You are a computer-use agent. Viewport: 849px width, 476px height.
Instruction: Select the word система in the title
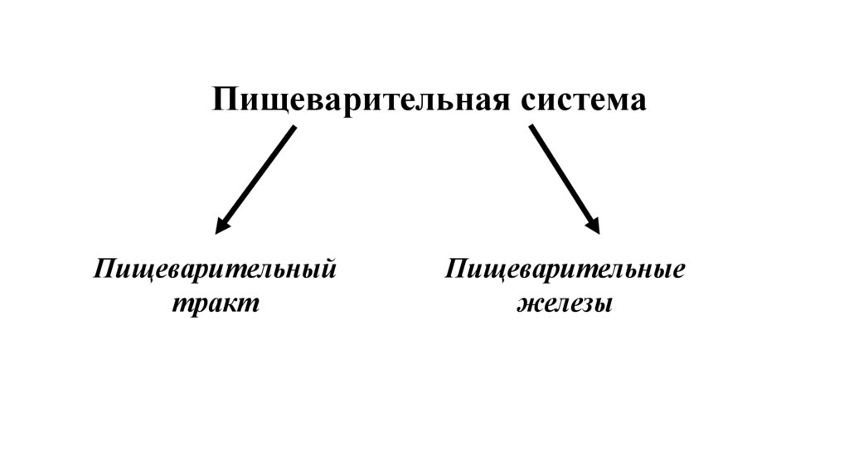point(583,100)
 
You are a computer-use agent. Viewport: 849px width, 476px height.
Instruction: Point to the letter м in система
point(614,101)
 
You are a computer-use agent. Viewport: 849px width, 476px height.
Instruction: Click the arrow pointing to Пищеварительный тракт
point(255,179)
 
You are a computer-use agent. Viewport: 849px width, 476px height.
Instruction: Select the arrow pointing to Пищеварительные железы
point(564,179)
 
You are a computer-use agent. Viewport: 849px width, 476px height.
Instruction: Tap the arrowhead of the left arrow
point(221,226)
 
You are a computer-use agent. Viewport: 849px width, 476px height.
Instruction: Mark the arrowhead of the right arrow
point(593,226)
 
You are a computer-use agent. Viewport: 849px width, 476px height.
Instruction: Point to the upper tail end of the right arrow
point(531,127)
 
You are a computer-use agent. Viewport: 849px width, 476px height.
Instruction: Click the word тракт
point(216,304)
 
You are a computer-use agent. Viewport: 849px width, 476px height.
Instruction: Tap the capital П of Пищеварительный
point(104,270)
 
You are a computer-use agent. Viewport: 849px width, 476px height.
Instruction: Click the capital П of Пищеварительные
point(457,270)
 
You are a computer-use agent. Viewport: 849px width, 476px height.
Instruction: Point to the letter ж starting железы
point(528,304)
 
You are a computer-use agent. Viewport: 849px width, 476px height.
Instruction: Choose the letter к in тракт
point(235,304)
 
